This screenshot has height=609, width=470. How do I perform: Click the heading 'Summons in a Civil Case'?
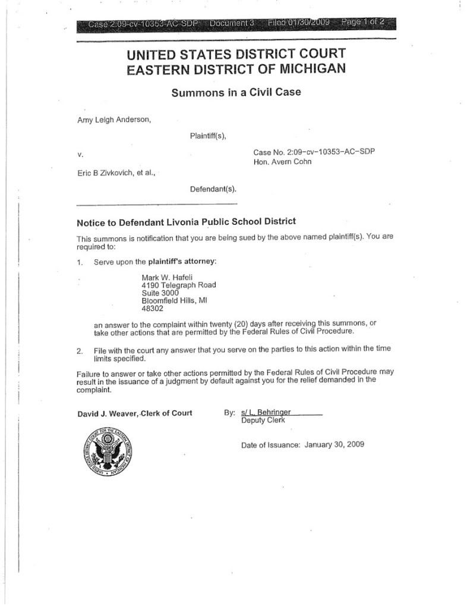tap(236, 92)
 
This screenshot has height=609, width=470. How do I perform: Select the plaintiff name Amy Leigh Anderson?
tap(113, 119)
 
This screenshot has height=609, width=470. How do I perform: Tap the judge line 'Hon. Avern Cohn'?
tap(282, 161)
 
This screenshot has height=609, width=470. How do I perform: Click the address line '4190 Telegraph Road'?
tap(178, 285)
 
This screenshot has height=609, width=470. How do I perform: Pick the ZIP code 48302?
tap(153, 309)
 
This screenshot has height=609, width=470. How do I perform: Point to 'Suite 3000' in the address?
tap(160, 293)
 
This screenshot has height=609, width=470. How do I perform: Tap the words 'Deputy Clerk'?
tap(263, 420)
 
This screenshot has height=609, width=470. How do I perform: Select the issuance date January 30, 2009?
tap(334, 444)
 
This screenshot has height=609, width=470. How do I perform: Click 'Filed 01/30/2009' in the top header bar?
tap(298, 24)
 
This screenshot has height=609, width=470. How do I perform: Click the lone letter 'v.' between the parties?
tap(80, 155)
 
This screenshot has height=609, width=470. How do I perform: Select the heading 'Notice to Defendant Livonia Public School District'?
tap(186, 222)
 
